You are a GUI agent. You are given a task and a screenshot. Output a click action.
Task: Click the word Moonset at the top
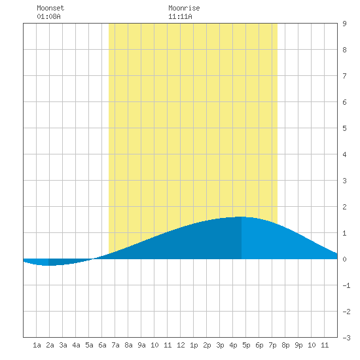[50, 8]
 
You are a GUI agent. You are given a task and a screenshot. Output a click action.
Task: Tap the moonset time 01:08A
[48, 16]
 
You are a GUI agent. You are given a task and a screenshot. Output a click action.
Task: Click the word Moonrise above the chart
[184, 8]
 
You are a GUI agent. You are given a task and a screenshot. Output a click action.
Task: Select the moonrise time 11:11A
[180, 16]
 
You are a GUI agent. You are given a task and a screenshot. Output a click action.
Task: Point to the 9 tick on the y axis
[344, 24]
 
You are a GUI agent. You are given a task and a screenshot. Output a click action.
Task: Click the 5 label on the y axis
[344, 128]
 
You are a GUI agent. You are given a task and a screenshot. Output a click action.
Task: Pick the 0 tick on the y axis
[344, 259]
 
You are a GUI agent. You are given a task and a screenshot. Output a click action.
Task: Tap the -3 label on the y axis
[346, 338]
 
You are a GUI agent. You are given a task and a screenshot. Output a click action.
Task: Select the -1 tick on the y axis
[346, 285]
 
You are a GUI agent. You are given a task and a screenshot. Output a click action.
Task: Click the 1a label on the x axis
[37, 345]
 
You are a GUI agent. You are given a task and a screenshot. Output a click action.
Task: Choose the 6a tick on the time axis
[102, 345]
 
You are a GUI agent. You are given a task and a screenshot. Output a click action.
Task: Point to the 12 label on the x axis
[181, 345]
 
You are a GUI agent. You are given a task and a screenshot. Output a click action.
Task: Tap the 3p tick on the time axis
[220, 345]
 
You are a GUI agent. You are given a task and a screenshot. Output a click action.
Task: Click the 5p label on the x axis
[246, 345]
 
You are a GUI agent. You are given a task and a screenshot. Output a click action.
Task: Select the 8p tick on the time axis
[285, 345]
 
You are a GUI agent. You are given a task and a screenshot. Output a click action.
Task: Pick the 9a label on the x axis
[141, 345]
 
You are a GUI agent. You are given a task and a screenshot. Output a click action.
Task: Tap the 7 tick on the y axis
[344, 76]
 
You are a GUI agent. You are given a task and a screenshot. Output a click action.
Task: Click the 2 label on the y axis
[344, 207]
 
